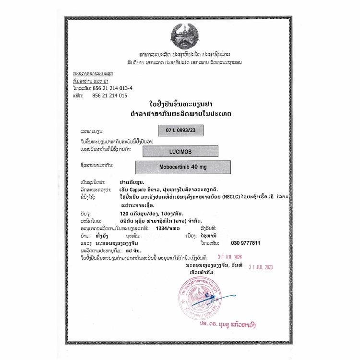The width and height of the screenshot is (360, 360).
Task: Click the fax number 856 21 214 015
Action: point(110,96)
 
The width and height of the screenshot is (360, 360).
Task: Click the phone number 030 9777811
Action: point(246,243)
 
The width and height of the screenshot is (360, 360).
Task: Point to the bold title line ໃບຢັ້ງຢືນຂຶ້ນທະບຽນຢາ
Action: point(180,105)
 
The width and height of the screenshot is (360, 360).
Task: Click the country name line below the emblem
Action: point(180,54)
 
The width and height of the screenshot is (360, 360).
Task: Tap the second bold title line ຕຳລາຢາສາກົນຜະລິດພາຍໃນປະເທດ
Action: point(180,114)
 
